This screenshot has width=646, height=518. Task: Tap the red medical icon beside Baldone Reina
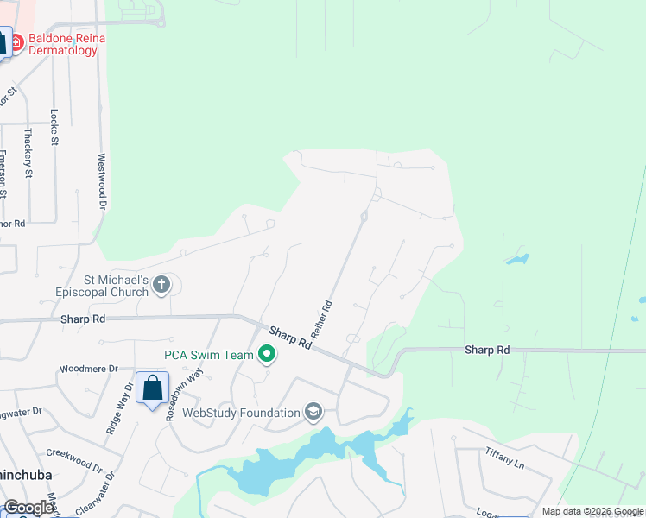point(16,40)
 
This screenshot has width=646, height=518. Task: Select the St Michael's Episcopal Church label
point(104,285)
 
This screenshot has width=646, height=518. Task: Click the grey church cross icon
point(161,285)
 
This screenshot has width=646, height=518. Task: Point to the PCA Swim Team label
point(209,355)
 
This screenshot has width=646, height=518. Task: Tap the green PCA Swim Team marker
point(267,354)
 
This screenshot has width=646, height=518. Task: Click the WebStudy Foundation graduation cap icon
point(313,414)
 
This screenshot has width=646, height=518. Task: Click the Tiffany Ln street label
point(504,456)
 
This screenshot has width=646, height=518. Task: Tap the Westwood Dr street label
point(101,182)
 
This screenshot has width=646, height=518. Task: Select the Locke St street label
point(54,124)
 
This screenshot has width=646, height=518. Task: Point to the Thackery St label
point(28,154)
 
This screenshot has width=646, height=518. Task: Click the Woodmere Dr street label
point(88,370)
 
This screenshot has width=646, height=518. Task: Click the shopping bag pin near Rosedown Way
point(152,388)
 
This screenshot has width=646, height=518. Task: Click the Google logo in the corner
point(28,508)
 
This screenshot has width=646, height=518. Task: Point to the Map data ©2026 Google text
point(592,511)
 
